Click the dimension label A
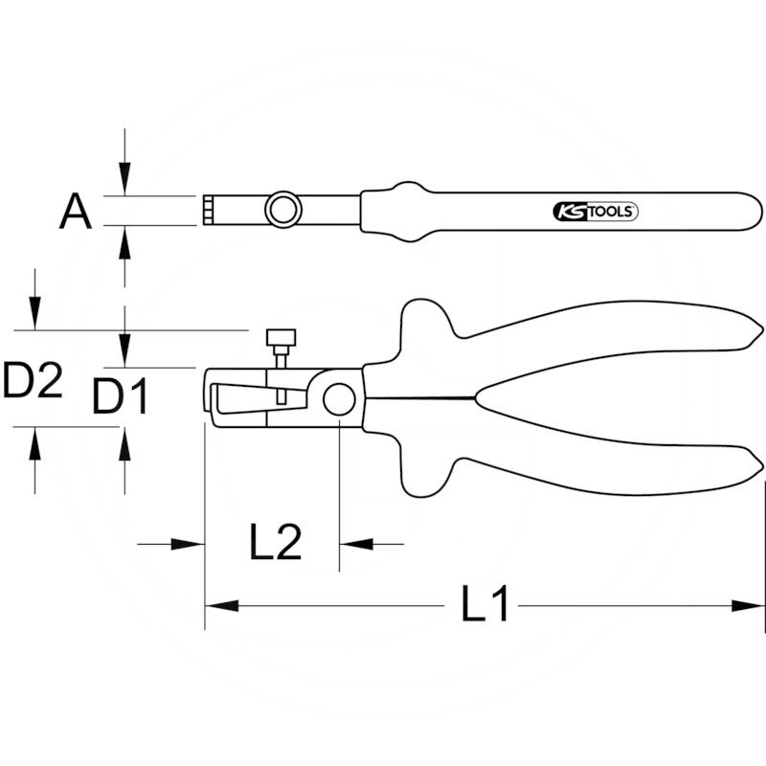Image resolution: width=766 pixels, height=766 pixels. (76, 212)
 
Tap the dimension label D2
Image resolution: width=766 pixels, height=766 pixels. (33, 379)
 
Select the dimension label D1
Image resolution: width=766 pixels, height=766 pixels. (120, 396)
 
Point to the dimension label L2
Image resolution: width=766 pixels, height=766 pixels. (275, 541)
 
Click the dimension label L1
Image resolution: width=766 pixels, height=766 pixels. (485, 603)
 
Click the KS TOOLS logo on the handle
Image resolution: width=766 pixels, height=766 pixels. (596, 212)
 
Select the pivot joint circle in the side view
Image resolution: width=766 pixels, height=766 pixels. (339, 399)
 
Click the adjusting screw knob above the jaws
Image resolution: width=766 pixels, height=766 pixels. (281, 337)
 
